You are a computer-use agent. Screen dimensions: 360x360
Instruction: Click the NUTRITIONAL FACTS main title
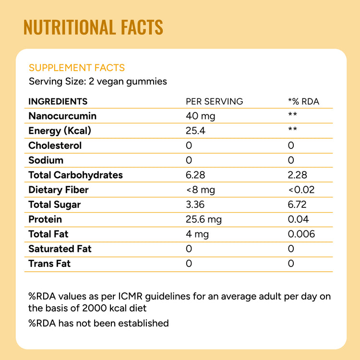(x=93, y=27)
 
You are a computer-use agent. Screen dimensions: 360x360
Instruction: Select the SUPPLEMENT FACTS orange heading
(x=77, y=68)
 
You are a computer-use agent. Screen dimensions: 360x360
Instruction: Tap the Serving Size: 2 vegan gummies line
(x=98, y=81)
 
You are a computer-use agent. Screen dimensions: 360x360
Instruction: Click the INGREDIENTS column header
(x=58, y=101)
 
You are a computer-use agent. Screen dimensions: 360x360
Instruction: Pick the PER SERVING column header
(x=215, y=101)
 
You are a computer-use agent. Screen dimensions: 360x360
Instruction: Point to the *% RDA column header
(x=303, y=101)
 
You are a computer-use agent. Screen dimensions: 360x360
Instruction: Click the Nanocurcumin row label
(x=62, y=116)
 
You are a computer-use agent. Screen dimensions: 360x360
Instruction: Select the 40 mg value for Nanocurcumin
(x=200, y=116)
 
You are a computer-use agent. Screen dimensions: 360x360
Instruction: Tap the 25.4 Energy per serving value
(x=196, y=131)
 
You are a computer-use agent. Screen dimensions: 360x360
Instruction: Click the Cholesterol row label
(x=55, y=145)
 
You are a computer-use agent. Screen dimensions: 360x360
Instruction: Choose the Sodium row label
(x=46, y=160)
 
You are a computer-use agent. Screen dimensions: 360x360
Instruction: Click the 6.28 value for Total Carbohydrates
(x=196, y=175)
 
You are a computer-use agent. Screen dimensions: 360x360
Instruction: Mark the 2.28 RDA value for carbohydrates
(x=298, y=175)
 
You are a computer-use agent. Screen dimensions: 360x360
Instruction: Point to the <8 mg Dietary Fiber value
(x=200, y=190)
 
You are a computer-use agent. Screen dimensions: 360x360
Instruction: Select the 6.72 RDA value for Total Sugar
(x=298, y=205)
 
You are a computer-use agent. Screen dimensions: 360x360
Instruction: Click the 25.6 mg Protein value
(x=204, y=219)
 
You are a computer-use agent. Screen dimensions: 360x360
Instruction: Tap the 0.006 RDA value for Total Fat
(x=301, y=234)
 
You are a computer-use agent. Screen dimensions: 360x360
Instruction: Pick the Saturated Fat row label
(x=60, y=249)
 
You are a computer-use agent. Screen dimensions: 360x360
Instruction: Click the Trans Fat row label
(x=49, y=264)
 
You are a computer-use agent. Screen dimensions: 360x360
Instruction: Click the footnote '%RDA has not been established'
(x=99, y=323)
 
